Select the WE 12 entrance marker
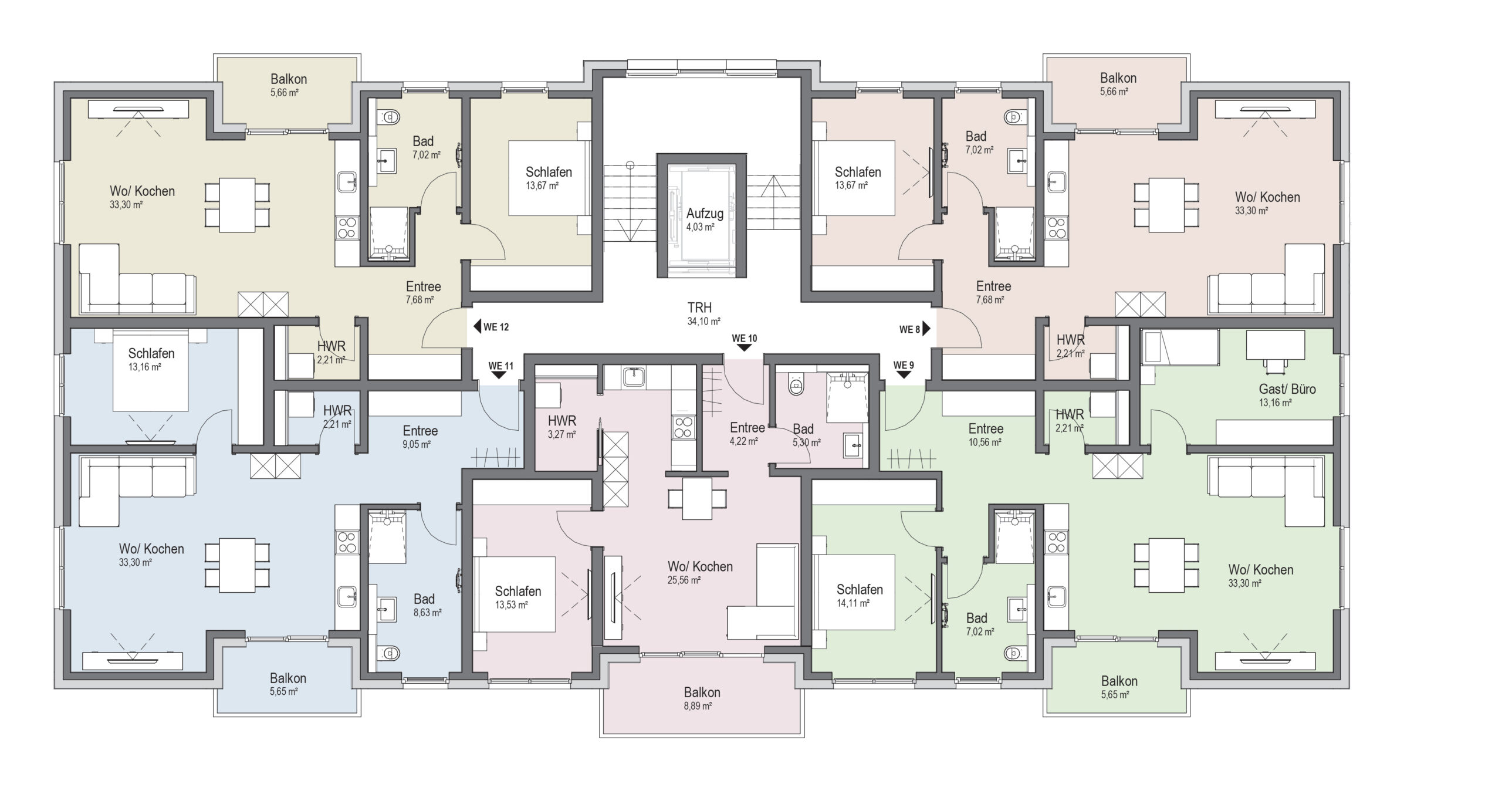tap(491, 327)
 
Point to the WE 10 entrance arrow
tap(744, 347)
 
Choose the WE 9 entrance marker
tap(904, 369)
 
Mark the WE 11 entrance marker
tap(500, 370)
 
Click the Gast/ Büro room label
tap(1287, 389)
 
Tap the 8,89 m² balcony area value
tap(698, 707)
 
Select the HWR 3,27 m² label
tap(562, 427)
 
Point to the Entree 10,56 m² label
tap(986, 435)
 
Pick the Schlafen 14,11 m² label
tap(859, 596)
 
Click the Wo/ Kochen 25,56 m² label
tap(700, 573)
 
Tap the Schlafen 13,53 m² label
tap(517, 597)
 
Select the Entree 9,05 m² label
tap(420, 437)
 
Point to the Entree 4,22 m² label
tap(747, 434)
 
